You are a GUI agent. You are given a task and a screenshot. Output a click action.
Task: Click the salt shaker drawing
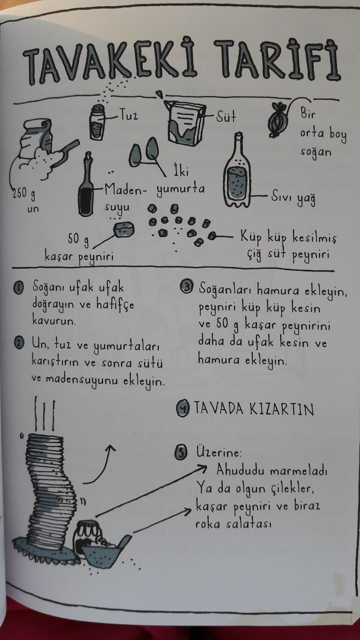pos(97,122)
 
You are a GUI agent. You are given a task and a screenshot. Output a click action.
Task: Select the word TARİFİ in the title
pos(277,60)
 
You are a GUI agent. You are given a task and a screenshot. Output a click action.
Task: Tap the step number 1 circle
pos(18,288)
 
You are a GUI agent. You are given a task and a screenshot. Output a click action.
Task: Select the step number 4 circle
pos(182,409)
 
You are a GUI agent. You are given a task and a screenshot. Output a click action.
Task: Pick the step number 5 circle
pos(181,453)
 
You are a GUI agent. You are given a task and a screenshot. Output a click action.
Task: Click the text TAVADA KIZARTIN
pos(254,409)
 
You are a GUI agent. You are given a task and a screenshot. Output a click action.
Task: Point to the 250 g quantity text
pos(24,194)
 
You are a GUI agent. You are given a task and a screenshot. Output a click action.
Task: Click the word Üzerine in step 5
pos(219,452)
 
